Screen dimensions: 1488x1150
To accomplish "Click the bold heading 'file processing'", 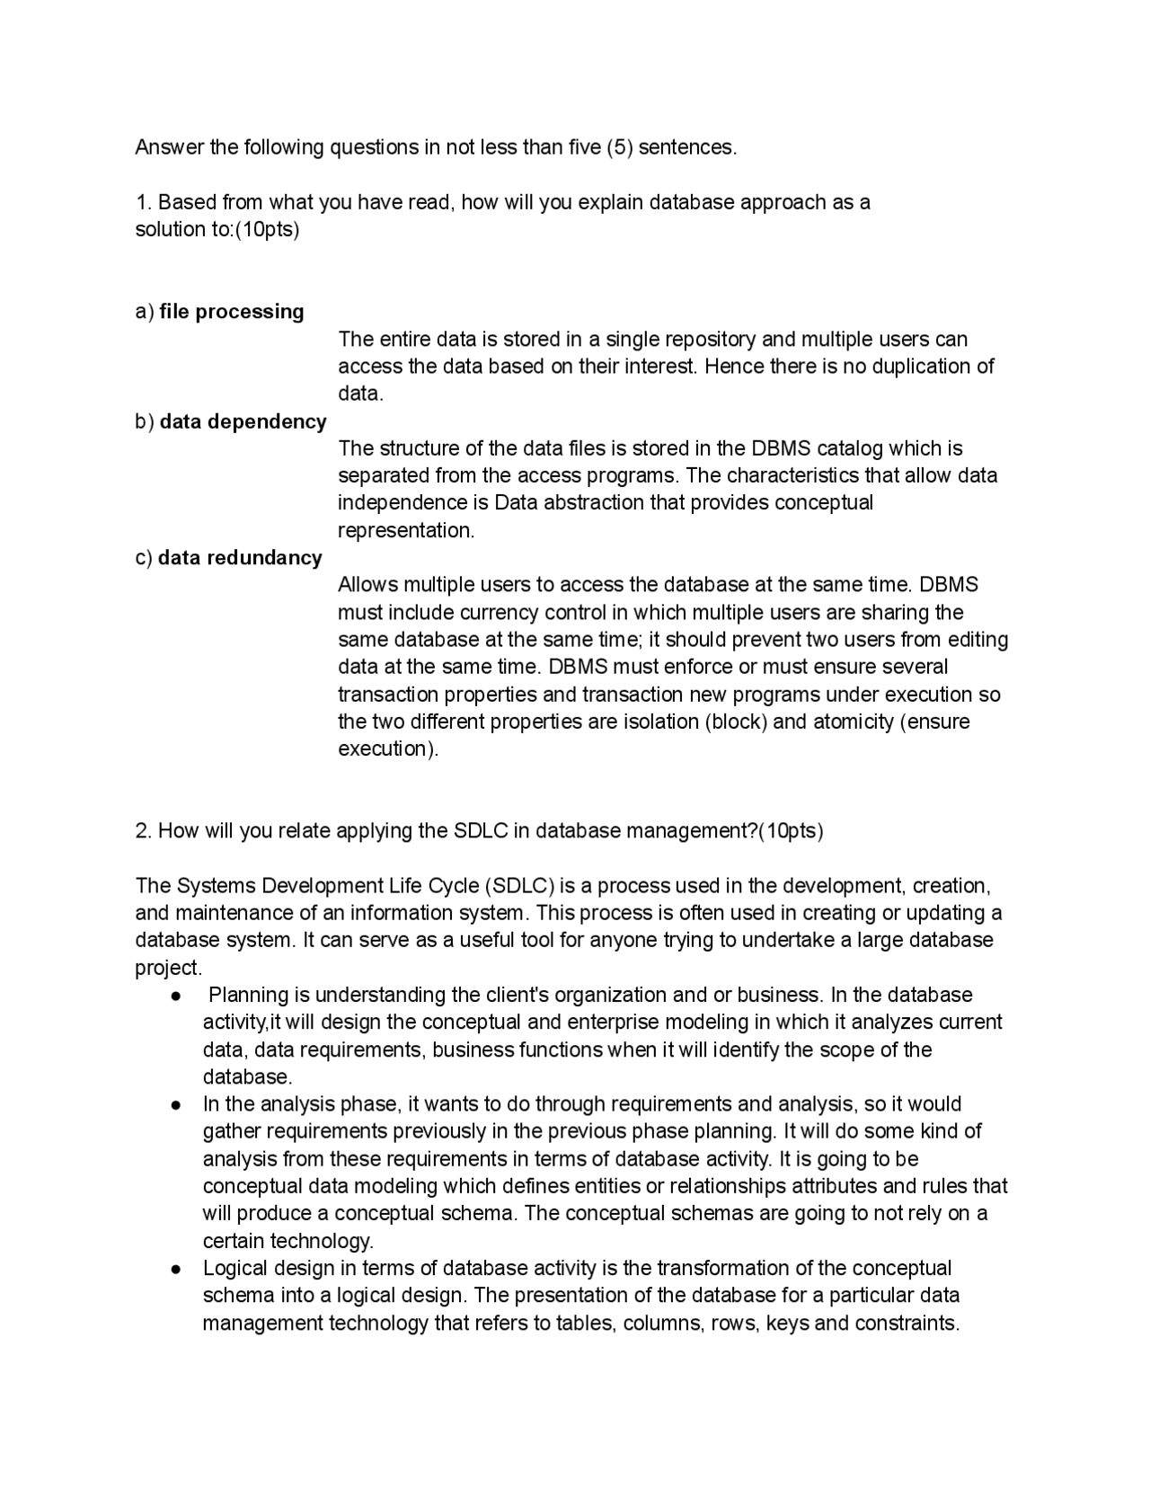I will pos(232,312).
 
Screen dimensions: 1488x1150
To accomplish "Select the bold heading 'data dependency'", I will pos(243,421).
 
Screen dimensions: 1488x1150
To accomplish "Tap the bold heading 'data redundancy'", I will pos(240,558).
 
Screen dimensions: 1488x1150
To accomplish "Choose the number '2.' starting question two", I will pos(144,831).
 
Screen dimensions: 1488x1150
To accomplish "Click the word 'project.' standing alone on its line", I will pos(169,968).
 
